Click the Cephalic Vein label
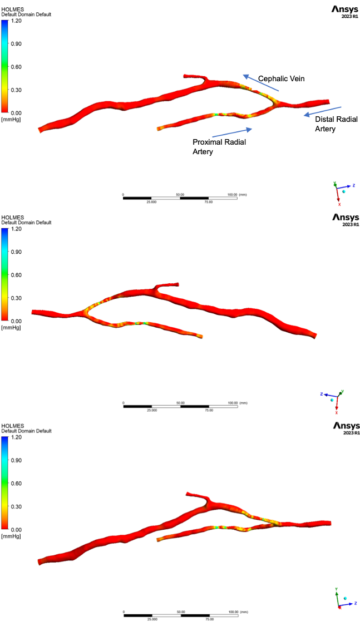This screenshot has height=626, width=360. (x=282, y=79)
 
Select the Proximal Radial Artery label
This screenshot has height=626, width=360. (x=219, y=147)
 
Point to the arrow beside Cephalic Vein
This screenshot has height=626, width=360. (x=260, y=82)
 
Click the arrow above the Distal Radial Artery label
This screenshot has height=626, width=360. (x=322, y=111)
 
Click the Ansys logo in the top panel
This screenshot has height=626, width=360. (x=346, y=11)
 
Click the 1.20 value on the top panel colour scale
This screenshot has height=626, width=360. (x=17, y=21)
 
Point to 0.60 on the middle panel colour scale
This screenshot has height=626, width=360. (x=17, y=275)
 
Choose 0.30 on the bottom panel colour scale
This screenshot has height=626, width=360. (x=17, y=506)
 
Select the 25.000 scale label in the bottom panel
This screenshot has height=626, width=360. (x=151, y=619)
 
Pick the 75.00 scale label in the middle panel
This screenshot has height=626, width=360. (x=209, y=410)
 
